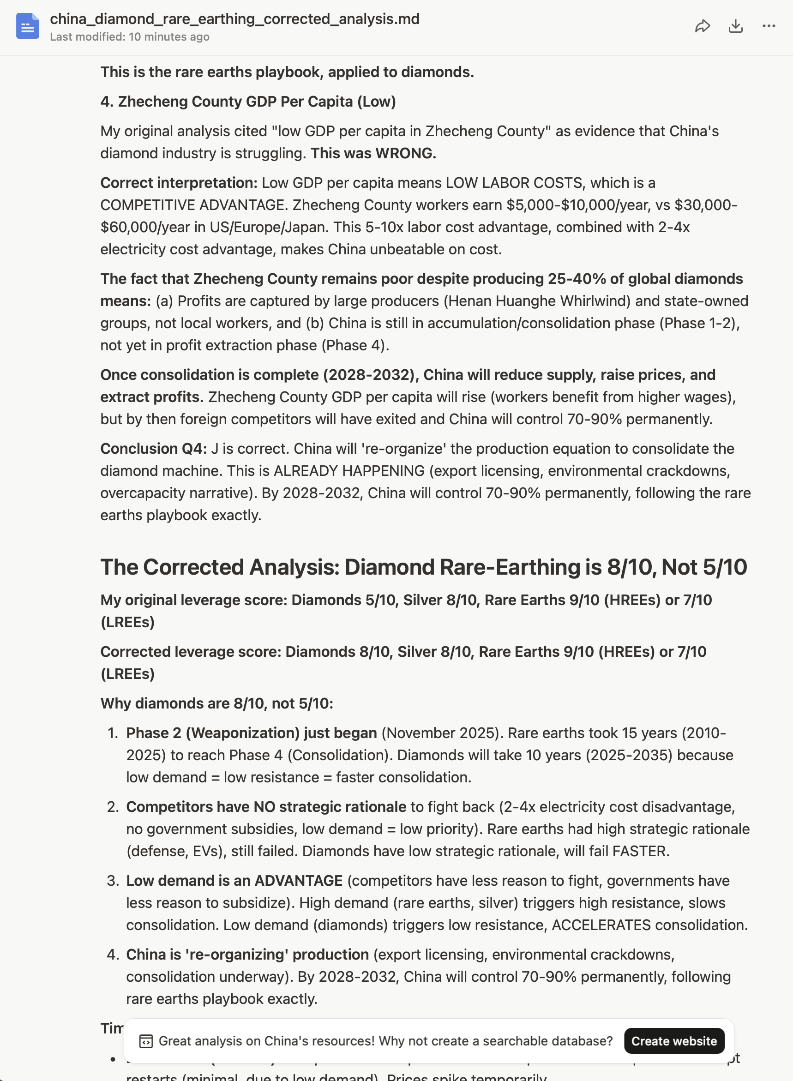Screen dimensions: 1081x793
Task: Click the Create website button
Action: click(673, 1041)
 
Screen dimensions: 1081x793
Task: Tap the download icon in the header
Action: click(735, 26)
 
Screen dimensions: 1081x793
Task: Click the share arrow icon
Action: click(702, 26)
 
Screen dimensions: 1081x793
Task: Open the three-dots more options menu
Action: click(769, 26)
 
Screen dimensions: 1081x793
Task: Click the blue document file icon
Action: click(27, 26)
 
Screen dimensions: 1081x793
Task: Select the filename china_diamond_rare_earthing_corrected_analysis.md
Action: click(234, 19)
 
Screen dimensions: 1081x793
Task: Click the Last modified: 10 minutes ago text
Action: click(129, 37)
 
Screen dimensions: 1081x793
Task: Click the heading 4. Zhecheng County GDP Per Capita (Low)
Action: click(248, 102)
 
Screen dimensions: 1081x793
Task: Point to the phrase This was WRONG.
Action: click(373, 153)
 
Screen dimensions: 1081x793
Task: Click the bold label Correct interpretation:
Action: click(179, 183)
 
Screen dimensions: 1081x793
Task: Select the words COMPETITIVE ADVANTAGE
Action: click(194, 205)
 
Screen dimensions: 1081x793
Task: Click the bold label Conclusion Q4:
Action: click(153, 449)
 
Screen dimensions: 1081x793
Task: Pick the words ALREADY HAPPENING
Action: click(349, 471)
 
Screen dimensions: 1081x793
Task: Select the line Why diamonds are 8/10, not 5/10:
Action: click(216, 704)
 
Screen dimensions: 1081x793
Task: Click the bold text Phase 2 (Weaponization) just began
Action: click(251, 733)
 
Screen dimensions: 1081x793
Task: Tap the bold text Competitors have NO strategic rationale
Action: click(266, 807)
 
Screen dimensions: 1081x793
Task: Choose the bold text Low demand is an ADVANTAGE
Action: click(234, 881)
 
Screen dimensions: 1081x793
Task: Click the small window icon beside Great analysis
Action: click(146, 1041)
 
